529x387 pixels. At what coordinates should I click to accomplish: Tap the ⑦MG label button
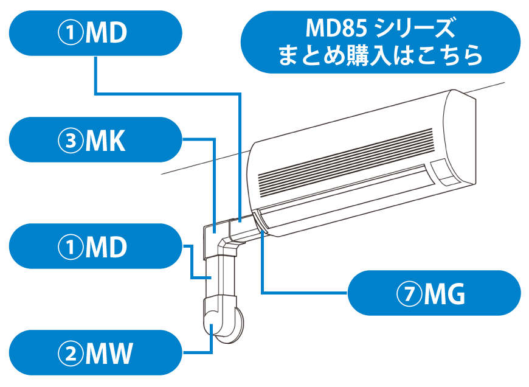click(433, 294)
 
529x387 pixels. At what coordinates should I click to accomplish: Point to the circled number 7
click(410, 295)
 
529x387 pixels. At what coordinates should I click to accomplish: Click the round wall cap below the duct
click(233, 322)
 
